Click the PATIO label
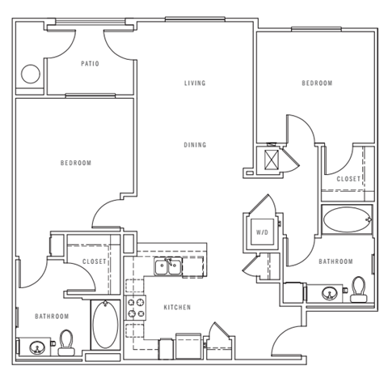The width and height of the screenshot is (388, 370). coord(90,63)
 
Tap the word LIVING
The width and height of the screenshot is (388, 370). coord(194,83)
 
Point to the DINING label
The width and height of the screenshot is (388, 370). coord(194,145)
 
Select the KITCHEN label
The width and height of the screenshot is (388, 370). coord(177,308)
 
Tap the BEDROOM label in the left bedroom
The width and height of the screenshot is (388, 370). coord(76,163)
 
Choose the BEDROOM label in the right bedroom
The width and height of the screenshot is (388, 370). coord(318,83)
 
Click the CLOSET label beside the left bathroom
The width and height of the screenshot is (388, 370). coord(95,262)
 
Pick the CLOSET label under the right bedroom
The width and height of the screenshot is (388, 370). coord(348,178)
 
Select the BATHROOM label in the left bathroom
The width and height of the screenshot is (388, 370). coord(52,316)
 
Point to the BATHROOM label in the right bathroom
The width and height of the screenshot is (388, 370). coord(335,262)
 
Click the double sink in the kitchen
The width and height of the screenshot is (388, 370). coord(169,266)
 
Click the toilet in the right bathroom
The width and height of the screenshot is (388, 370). coord(358,289)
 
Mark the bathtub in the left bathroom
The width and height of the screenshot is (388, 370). coord(105,325)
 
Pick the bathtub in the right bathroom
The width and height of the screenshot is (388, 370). coord(346,219)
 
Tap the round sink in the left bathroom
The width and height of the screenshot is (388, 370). coord(38,348)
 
